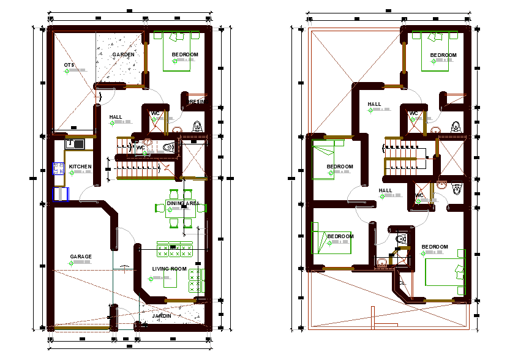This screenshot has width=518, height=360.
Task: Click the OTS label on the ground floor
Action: (69, 65)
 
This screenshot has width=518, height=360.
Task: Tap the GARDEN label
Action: (123, 55)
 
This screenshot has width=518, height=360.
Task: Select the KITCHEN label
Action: (80, 167)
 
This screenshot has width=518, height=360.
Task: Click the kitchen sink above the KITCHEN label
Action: (75, 144)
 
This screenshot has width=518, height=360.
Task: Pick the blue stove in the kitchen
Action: (59, 170)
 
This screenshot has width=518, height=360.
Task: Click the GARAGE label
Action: (81, 257)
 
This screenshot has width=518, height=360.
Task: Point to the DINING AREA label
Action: (182, 203)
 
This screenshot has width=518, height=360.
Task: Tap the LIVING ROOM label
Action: (169, 269)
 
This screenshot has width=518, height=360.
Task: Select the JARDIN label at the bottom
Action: (162, 316)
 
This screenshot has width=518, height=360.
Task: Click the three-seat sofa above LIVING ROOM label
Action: (175, 249)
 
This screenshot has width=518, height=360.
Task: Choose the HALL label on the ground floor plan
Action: (116, 117)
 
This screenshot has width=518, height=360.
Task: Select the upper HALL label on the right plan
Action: (374, 105)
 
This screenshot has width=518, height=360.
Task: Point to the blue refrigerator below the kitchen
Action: (61, 194)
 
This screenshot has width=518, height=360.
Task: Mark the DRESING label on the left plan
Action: (196, 102)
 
